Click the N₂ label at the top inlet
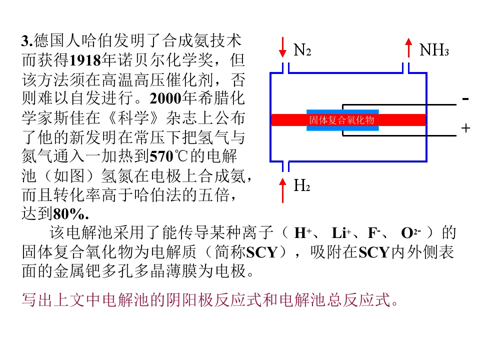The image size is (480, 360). pos(302,50)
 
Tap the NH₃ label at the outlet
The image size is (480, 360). pos(434,50)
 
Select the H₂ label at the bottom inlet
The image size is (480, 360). pos(302,185)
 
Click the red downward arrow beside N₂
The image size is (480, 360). pos(283,47)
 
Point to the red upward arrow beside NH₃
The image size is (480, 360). pos(408,48)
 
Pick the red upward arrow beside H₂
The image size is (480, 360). pos(282,190)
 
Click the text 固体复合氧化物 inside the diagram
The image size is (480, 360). pos(341,120)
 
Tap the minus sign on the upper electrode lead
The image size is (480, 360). pos(465,99)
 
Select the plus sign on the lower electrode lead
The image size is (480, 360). pos(465,128)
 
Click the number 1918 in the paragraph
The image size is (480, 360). pos(85,60)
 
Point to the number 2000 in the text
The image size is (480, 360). pos(165,98)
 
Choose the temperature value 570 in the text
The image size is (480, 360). pos(161,156)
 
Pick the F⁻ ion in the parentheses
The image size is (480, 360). pos(374,233)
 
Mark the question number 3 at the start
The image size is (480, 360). pos(25,41)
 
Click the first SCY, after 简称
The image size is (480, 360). pos(262,252)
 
